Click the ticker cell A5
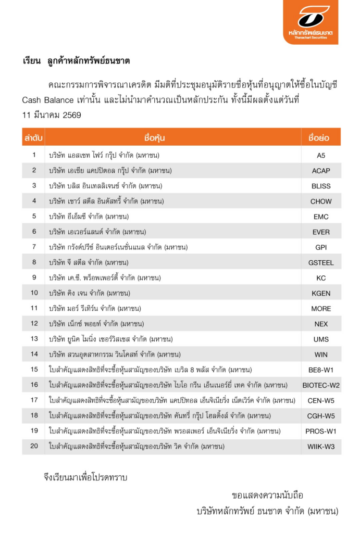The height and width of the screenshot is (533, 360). [321, 155]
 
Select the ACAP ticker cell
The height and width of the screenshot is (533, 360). [321, 171]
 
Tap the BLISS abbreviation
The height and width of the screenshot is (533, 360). [321, 186]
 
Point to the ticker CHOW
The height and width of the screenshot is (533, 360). [321, 201]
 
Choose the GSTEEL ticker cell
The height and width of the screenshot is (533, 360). [321, 263]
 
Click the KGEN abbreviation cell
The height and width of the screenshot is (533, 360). [321, 294]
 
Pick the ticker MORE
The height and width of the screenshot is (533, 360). [321, 309]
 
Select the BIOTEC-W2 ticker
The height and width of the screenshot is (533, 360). [321, 385]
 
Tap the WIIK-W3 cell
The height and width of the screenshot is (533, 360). [321, 447]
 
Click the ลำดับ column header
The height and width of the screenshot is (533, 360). [34, 138]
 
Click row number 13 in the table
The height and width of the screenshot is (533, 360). [34, 339]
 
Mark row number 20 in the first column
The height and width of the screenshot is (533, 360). [34, 447]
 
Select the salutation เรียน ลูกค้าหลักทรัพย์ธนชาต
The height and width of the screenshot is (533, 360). [77, 61]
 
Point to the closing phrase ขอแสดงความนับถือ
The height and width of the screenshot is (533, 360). [267, 495]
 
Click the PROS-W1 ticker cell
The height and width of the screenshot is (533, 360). [321, 432]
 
